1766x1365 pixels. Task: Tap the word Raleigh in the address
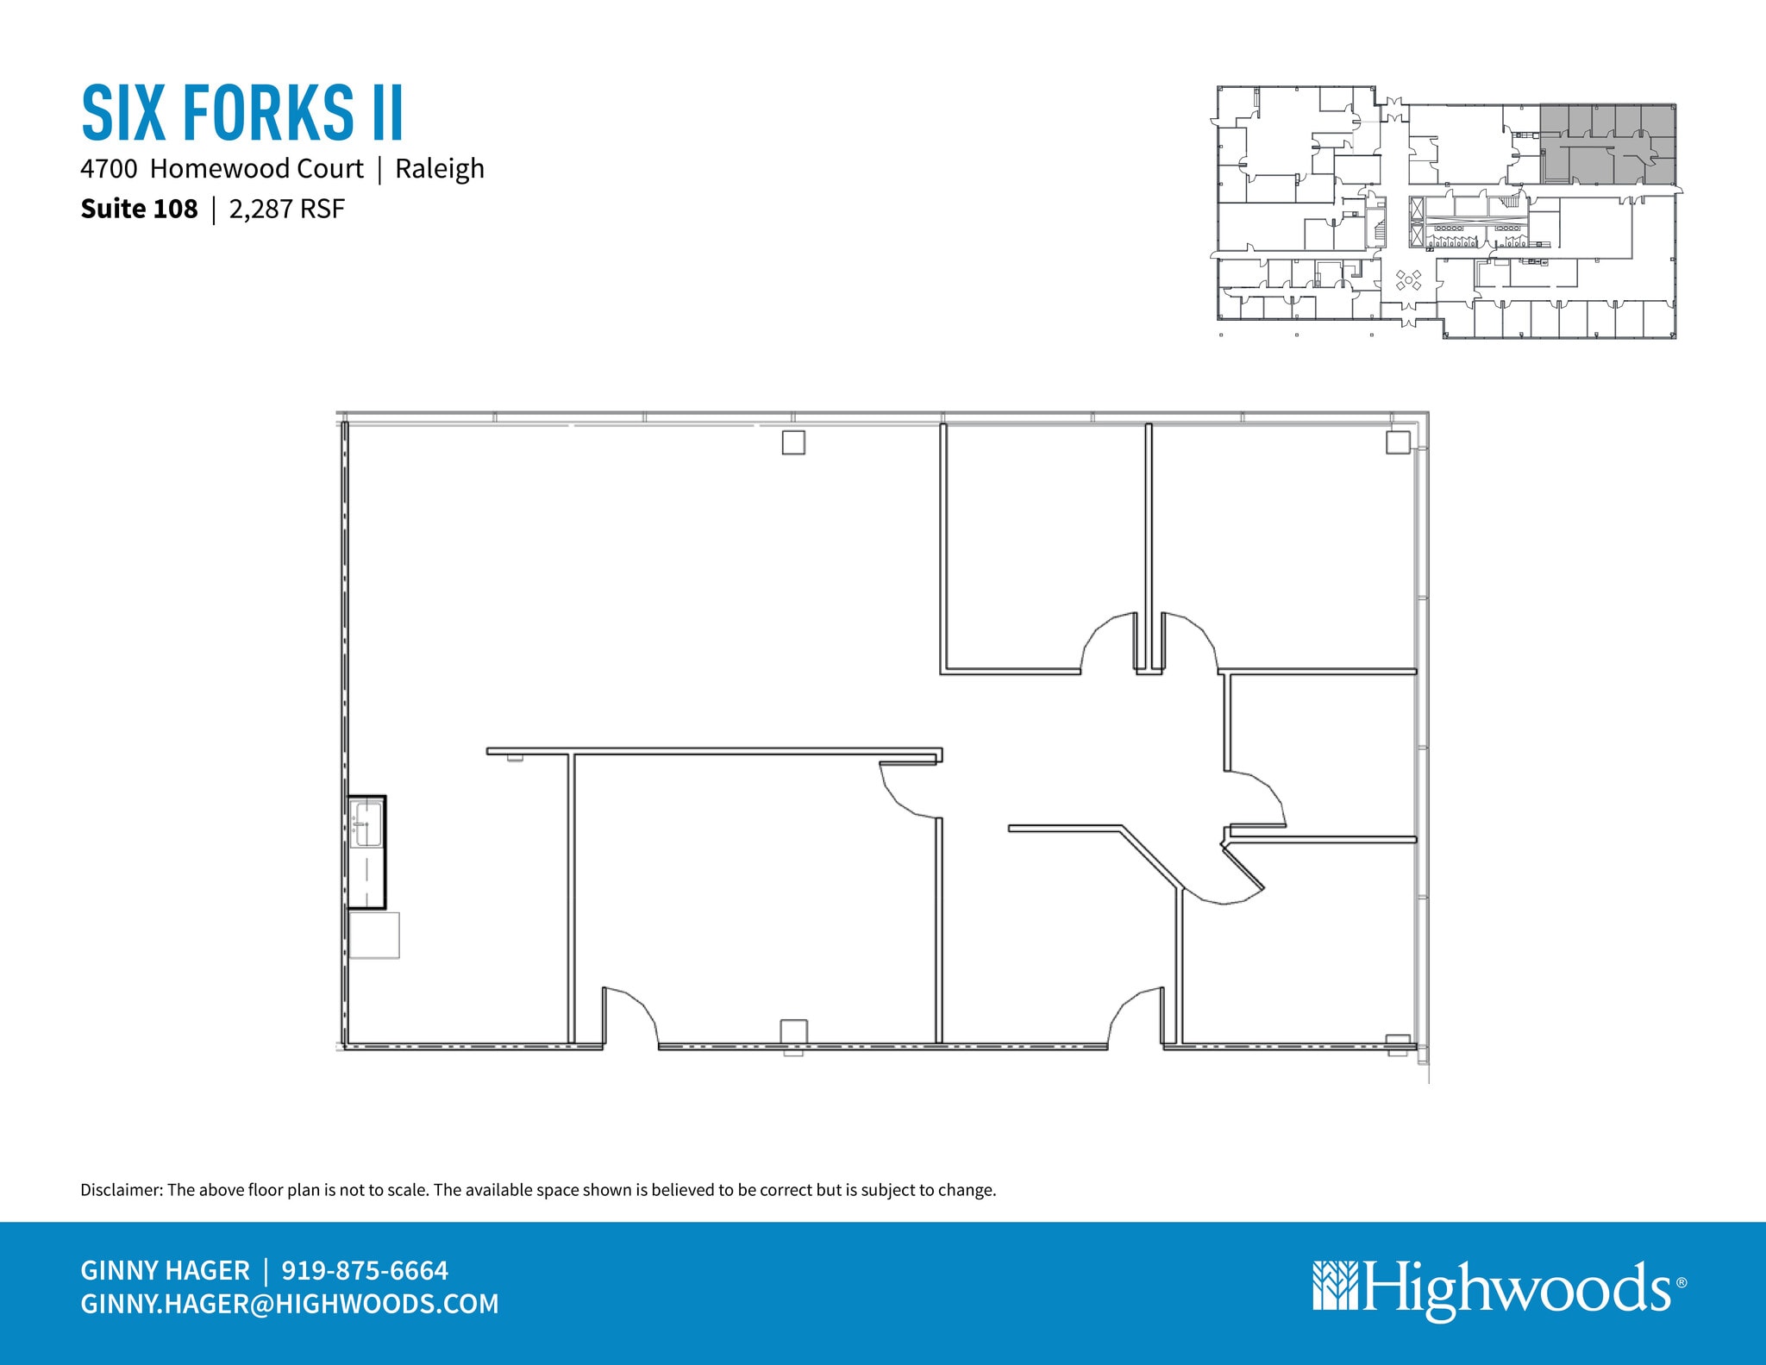click(440, 169)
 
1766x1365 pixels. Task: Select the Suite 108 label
click(139, 210)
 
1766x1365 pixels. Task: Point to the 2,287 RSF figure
click(286, 210)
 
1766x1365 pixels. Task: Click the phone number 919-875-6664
click(365, 1270)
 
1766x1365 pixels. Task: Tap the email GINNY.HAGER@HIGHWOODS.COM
click(290, 1304)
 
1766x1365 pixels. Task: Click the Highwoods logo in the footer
click(1499, 1289)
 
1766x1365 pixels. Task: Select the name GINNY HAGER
click(165, 1270)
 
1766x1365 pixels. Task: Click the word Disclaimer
click(121, 1190)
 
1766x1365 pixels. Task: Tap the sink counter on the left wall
click(366, 852)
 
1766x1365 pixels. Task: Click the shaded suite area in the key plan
click(1608, 145)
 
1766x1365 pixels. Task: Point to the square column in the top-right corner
click(1398, 442)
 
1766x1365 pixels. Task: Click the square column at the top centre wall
click(793, 442)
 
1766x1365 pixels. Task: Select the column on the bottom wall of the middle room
click(793, 1032)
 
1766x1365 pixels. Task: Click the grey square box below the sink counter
click(374, 935)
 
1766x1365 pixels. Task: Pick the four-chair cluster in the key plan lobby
click(1408, 280)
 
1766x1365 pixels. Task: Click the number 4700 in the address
click(109, 169)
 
